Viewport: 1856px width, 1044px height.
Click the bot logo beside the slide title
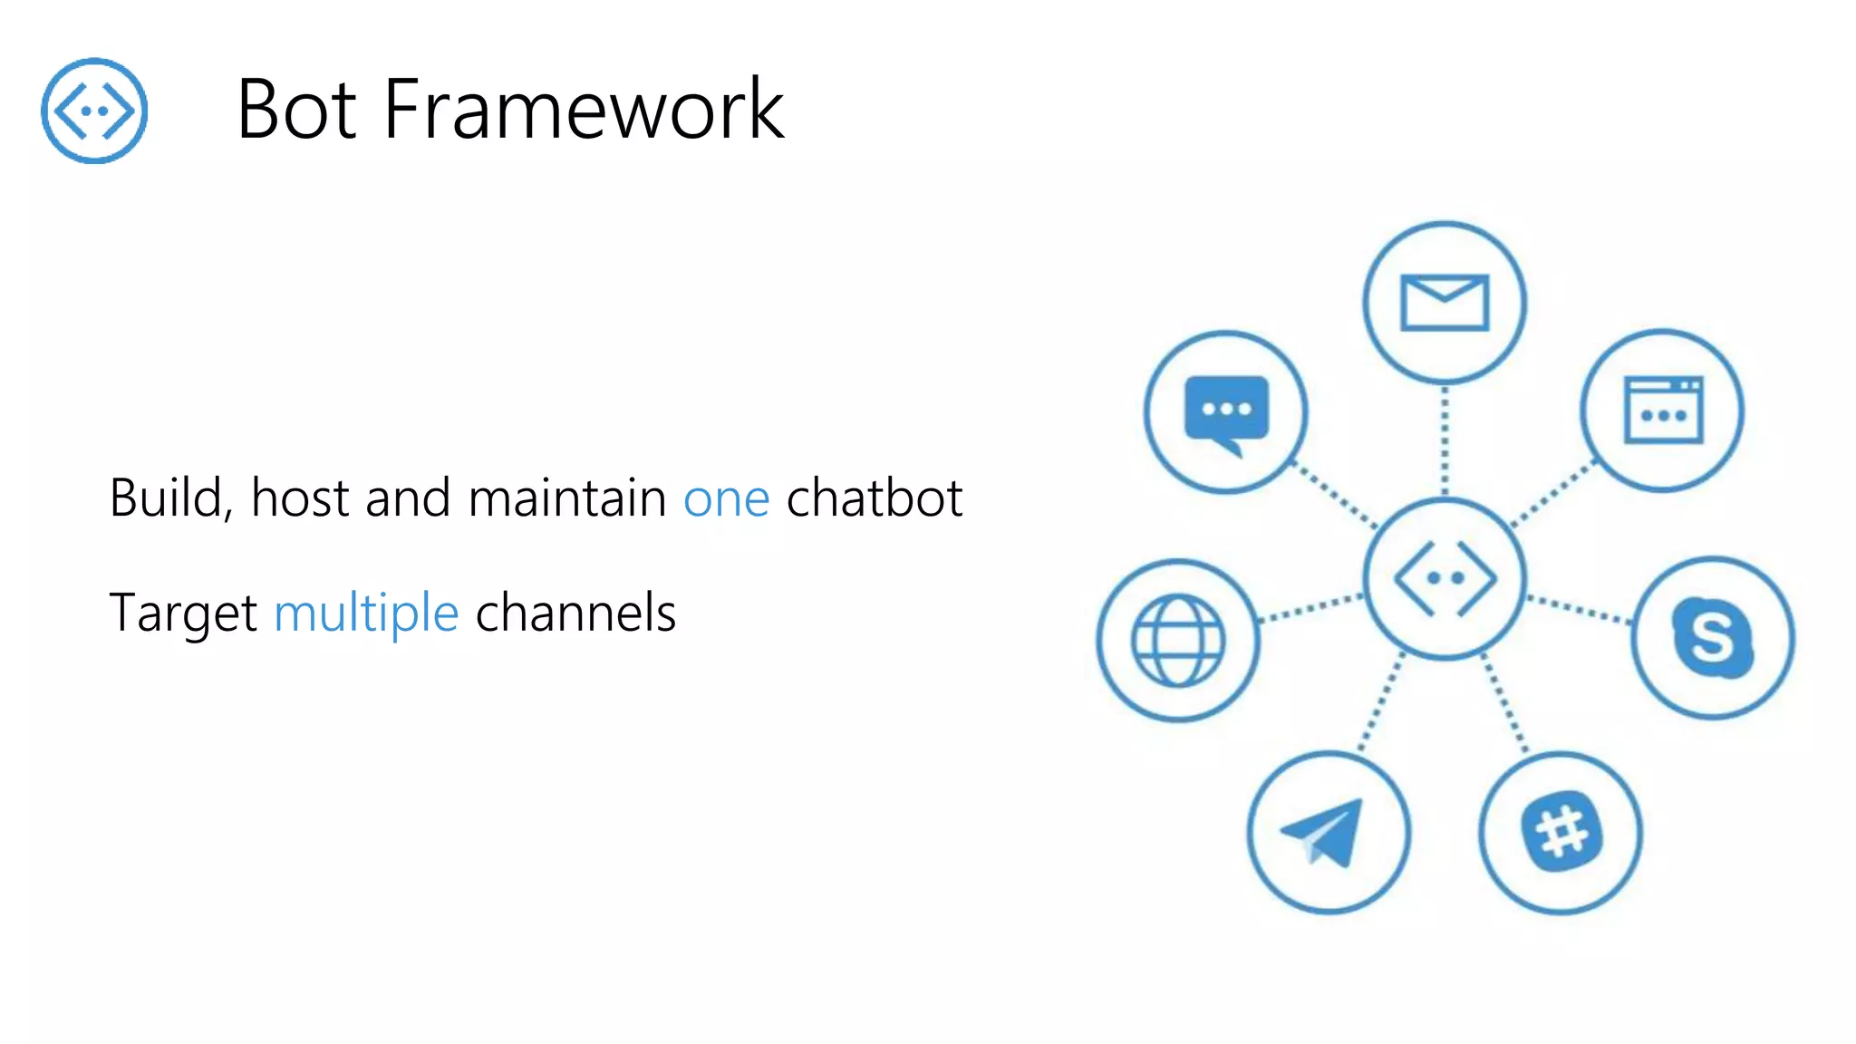click(x=94, y=111)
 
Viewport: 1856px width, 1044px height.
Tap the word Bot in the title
click(x=296, y=110)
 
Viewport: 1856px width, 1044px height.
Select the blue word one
click(x=726, y=499)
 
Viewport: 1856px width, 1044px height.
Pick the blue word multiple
click(x=366, y=614)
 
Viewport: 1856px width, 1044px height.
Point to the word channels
click(x=575, y=613)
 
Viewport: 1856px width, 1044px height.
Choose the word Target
click(x=183, y=614)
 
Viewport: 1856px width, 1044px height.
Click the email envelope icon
click(x=1445, y=303)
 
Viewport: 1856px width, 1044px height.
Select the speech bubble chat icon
click(x=1226, y=413)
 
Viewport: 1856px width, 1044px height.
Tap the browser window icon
click(x=1663, y=411)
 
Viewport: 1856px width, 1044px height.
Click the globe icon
click(x=1178, y=640)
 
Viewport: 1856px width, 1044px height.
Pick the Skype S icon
click(x=1712, y=637)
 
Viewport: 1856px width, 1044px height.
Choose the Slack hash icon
click(x=1561, y=832)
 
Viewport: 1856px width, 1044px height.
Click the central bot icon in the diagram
click(x=1445, y=578)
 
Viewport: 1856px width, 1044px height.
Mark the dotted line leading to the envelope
click(x=1445, y=440)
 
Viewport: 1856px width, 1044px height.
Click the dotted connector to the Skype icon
click(x=1580, y=610)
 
